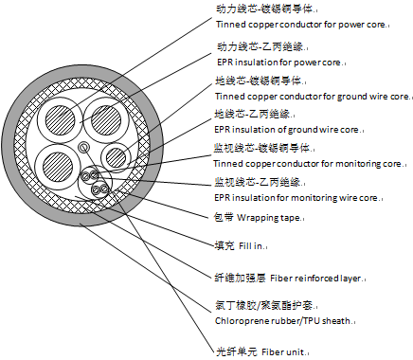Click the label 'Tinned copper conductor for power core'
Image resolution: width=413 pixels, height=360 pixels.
pyautogui.click(x=301, y=25)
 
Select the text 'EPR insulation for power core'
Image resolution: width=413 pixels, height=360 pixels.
pyautogui.click(x=278, y=63)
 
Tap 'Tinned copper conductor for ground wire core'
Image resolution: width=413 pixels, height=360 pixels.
pyautogui.click(x=312, y=97)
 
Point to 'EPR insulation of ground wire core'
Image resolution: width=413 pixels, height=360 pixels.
pyautogui.click(x=286, y=130)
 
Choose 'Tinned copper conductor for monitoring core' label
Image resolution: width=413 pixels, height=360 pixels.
pyautogui.click(x=307, y=164)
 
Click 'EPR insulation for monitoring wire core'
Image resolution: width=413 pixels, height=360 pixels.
pyautogui.click(x=296, y=198)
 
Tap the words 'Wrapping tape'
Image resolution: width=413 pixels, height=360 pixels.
pyautogui.click(x=268, y=218)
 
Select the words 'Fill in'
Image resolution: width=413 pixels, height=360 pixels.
pyautogui.click(x=251, y=245)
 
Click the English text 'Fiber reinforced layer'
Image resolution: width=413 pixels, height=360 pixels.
pyautogui.click(x=315, y=279)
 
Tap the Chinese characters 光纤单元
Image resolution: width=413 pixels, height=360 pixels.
pyautogui.click(x=237, y=351)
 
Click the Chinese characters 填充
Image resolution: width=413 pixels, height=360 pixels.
pyautogui.click(x=224, y=245)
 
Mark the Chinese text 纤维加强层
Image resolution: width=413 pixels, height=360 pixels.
pyautogui.click(x=241, y=278)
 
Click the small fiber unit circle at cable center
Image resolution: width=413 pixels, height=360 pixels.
pyautogui.click(x=84, y=147)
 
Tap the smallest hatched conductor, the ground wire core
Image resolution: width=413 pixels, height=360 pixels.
pyautogui.click(x=116, y=156)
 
